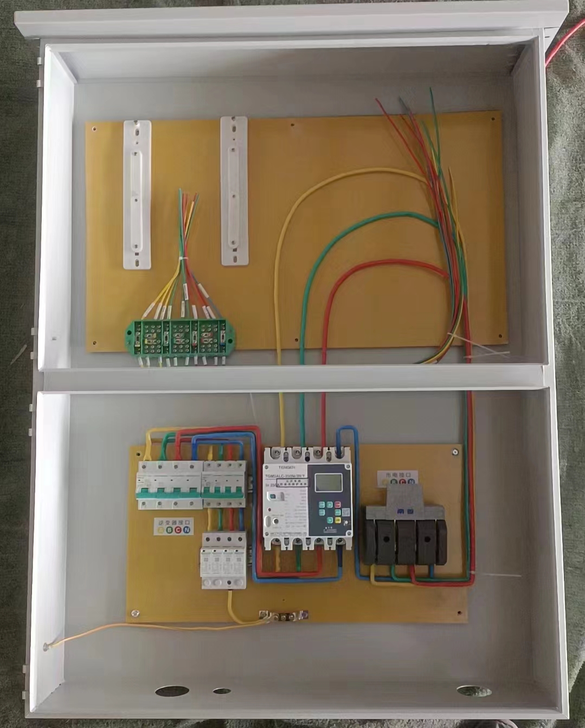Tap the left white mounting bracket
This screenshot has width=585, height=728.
tap(137, 194)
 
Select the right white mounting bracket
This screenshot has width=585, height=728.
tap(234, 191)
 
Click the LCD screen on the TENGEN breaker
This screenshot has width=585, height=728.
tap(329, 482)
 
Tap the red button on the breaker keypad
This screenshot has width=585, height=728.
tap(338, 512)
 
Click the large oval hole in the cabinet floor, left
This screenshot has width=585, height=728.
tap(172, 691)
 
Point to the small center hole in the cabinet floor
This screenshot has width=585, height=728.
tap(222, 691)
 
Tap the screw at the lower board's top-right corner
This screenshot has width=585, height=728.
tap(455, 452)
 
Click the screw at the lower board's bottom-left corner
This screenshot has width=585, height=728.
tap(134, 614)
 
